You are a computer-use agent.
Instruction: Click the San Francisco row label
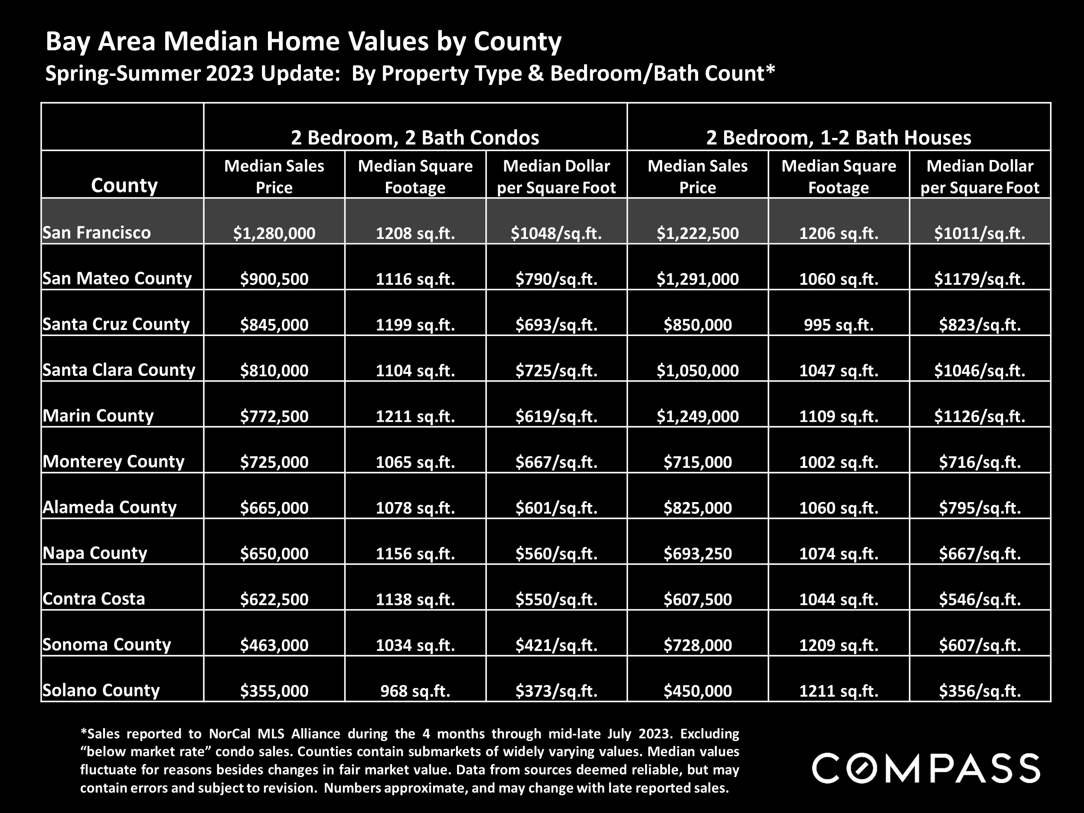point(97,232)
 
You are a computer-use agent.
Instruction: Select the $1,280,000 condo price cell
point(274,233)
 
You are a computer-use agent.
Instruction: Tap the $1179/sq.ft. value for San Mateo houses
point(980,279)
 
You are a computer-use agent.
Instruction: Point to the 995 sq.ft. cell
point(839,324)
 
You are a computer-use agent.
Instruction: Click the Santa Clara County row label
point(119,369)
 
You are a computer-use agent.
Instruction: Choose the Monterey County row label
point(113,461)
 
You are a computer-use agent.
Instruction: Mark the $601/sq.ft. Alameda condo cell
point(556,508)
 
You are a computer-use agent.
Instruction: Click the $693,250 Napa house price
point(697,553)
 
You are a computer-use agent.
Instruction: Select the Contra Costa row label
point(94,598)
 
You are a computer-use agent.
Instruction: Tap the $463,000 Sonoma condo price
point(274,645)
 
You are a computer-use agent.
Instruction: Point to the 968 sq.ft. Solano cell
point(415,690)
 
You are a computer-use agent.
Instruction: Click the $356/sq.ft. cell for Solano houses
point(980,690)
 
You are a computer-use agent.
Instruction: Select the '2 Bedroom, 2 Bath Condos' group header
point(415,137)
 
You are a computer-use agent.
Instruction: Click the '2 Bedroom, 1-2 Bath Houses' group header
point(839,137)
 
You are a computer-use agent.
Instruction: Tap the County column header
point(124,185)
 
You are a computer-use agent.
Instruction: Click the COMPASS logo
point(926,768)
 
